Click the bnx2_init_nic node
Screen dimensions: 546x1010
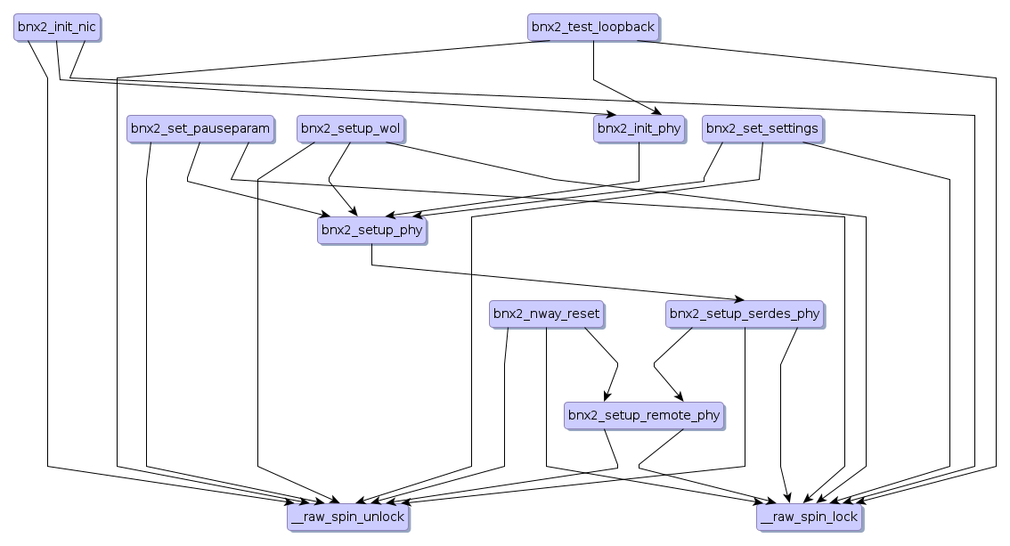pyautogui.click(x=55, y=27)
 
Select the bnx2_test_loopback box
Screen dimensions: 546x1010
pyautogui.click(x=593, y=27)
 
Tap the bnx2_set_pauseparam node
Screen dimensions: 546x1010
pyautogui.click(x=200, y=128)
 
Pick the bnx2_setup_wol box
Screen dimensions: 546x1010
pyautogui.click(x=350, y=128)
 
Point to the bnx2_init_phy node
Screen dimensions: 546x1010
pyautogui.click(x=639, y=128)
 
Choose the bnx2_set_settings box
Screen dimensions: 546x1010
pyautogui.click(x=762, y=128)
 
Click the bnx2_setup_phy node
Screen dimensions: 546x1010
pyautogui.click(x=371, y=230)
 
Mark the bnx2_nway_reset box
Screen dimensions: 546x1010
pyautogui.click(x=546, y=314)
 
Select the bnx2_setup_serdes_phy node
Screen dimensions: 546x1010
pyautogui.click(x=745, y=314)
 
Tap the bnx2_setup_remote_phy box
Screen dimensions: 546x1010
pyautogui.click(x=644, y=415)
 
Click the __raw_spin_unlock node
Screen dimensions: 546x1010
pyautogui.click(x=347, y=517)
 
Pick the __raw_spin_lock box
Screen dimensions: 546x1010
pyautogui.click(x=810, y=517)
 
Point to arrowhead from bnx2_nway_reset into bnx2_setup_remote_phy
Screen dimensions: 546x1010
pyautogui.click(x=607, y=399)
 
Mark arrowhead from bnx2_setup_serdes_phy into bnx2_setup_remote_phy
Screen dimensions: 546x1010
pyautogui.click(x=681, y=399)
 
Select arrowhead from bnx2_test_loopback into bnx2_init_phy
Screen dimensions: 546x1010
pyautogui.click(x=657, y=113)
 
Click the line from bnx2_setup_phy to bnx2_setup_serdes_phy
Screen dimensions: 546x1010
pyautogui.click(x=552, y=281)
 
